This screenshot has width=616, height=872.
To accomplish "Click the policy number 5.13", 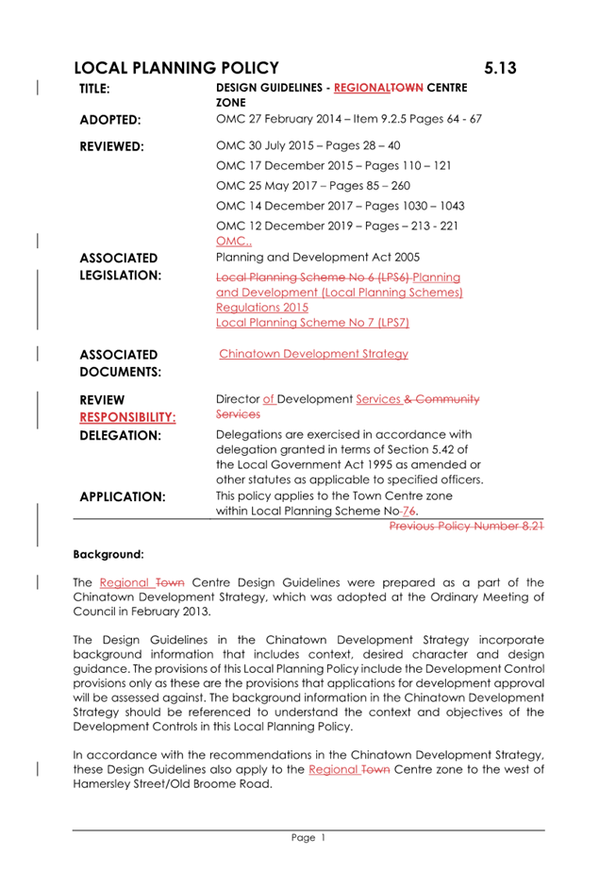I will point(501,68).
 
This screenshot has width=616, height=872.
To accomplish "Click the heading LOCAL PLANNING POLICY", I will point(175,68).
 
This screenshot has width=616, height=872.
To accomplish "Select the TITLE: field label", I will point(94,89).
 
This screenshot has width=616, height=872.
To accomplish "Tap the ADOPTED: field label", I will point(110,120).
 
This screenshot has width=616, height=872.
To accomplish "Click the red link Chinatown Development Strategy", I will point(313,354).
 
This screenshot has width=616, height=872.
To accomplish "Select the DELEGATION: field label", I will point(120,436).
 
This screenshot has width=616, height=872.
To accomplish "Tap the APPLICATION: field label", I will point(123,496).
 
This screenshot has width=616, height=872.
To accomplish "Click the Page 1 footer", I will point(308,838).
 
